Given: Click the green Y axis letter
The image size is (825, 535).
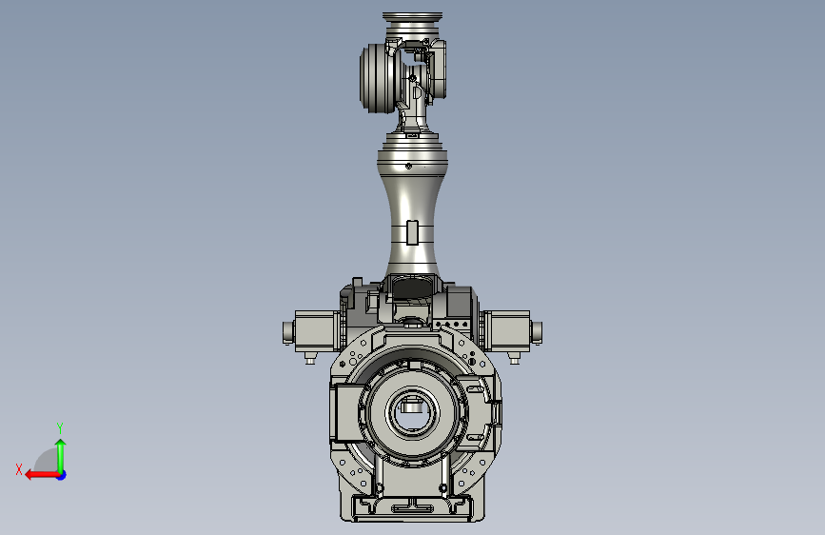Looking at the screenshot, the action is pos(60,427).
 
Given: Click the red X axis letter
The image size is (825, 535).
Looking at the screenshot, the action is pos(19,469).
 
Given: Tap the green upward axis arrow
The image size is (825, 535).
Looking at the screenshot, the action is pos(61,455).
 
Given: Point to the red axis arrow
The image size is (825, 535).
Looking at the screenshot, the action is pos(42,475).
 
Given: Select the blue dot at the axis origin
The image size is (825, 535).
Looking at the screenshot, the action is pos(62,475).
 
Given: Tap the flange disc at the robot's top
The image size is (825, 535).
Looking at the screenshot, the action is pos(413,19).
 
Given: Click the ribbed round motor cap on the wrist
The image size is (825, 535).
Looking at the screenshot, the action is pos(377,78).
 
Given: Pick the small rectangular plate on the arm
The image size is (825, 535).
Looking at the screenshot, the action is pos(413,232).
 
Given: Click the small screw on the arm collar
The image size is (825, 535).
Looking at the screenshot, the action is pos(409,167).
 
